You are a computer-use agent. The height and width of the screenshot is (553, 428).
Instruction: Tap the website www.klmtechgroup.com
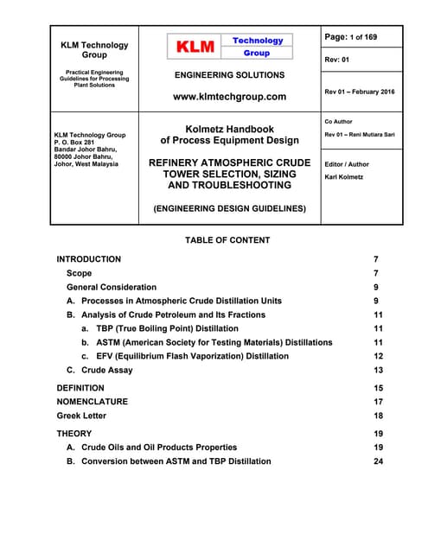[x=229, y=97]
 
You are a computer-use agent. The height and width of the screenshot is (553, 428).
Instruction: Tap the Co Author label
[x=339, y=122]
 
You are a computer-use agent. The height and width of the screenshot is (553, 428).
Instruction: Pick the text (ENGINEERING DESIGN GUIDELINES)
[x=229, y=208]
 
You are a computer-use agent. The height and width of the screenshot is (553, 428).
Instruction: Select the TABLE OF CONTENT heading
[x=227, y=240]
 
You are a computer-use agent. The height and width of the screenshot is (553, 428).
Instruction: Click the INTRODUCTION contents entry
[x=88, y=259]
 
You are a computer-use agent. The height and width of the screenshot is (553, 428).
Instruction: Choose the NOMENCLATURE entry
[x=92, y=402]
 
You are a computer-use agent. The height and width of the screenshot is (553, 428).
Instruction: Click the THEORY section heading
[x=73, y=434]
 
